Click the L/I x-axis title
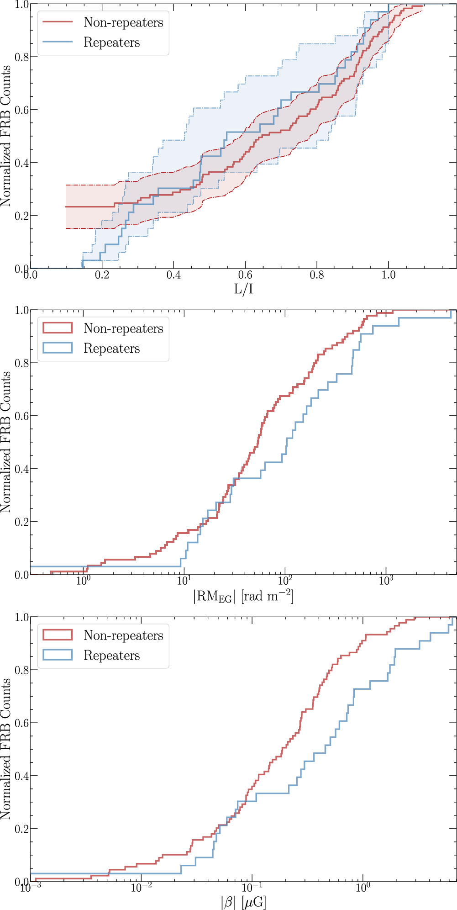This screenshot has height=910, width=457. tap(243, 289)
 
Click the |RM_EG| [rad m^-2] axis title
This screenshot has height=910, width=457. tap(243, 596)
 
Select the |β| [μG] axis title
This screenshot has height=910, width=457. tap(243, 902)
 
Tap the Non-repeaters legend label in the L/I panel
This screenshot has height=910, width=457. tap(123, 22)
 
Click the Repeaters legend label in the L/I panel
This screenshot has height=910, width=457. tap(112, 42)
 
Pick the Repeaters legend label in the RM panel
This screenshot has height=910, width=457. tap(112, 349)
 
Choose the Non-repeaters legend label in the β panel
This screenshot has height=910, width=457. tap(123, 635)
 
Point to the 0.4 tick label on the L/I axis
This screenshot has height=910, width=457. tap(173, 275)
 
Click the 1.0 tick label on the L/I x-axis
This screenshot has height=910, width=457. tap(389, 275)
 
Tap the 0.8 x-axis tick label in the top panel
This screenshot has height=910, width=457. tap(317, 275)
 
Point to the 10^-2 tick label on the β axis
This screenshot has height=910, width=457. tap(142, 887)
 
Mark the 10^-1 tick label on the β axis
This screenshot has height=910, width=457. tap(252, 887)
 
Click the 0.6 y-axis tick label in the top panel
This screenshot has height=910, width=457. tap(21, 110)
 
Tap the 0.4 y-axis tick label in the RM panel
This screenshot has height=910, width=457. tap(21, 469)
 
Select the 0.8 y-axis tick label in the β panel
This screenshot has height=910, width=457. tap(21, 670)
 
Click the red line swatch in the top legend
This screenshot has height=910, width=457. tap(58, 22)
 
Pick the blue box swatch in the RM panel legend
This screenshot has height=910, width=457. tap(58, 348)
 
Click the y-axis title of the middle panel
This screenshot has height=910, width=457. tap(6, 442)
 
